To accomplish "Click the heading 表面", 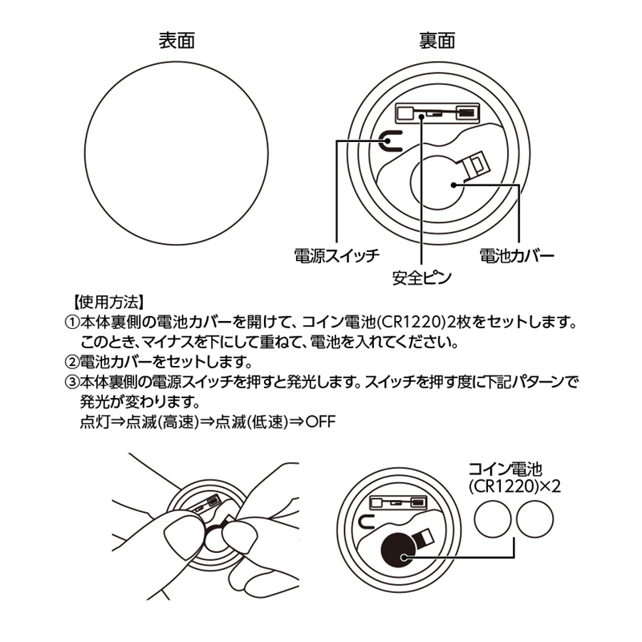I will coord(177,40).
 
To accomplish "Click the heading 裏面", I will coord(437,40).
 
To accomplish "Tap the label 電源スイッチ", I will coord(336,257).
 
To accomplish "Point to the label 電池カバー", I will coord(517,257).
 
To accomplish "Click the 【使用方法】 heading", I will coord(108,303).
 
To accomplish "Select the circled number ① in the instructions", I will coord(71,323).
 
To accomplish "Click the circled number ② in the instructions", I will coord(71,361).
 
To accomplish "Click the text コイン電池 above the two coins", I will coord(506,469).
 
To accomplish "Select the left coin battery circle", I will coord(494,521).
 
